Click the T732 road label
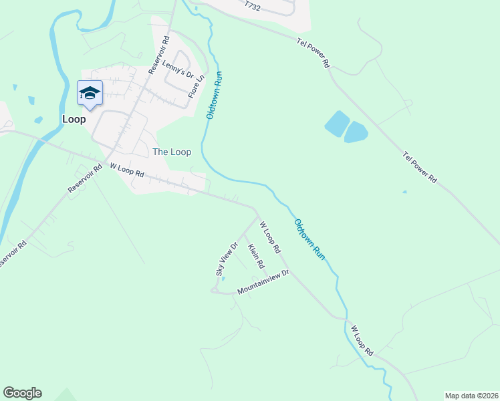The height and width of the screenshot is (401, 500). click(x=251, y=5)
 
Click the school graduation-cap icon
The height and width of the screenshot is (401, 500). click(x=90, y=93)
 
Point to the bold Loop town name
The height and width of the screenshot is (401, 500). click(x=74, y=119)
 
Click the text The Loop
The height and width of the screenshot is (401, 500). click(x=172, y=152)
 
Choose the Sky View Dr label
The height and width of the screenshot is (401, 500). click(x=226, y=259)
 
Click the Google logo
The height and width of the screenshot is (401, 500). click(x=22, y=393)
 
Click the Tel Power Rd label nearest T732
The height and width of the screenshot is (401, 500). click(x=314, y=53)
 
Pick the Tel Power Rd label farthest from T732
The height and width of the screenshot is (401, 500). click(x=419, y=167)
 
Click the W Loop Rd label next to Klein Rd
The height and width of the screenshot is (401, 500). click(x=269, y=237)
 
